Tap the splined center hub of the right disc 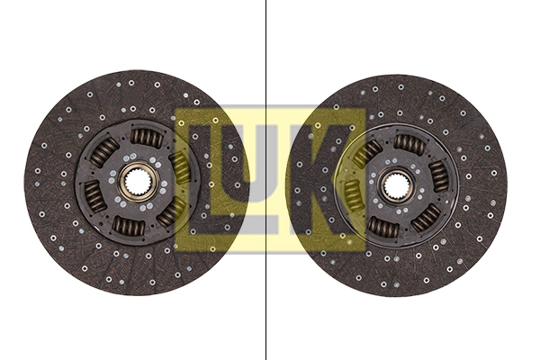(395, 186)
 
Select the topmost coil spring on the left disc (146, 138)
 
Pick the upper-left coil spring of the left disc (103, 153)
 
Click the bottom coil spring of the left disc (125, 225)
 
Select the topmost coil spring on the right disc (408, 143)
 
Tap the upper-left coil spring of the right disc (366, 153)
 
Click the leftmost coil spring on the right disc (353, 191)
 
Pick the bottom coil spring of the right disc (383, 229)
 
